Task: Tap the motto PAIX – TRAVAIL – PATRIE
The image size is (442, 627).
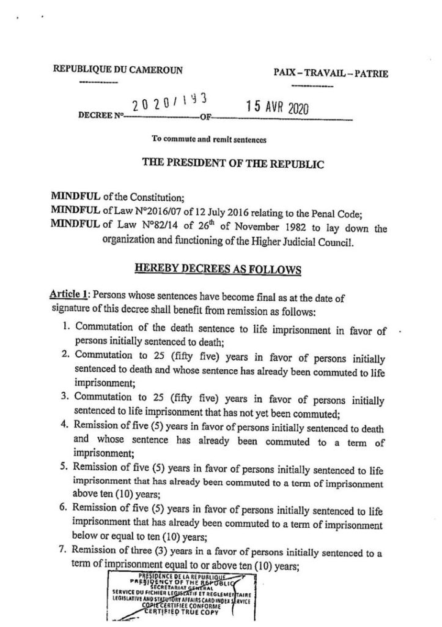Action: (x=331, y=74)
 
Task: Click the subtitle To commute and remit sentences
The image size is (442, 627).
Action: (x=210, y=140)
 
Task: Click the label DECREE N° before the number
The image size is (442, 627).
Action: (x=99, y=115)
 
